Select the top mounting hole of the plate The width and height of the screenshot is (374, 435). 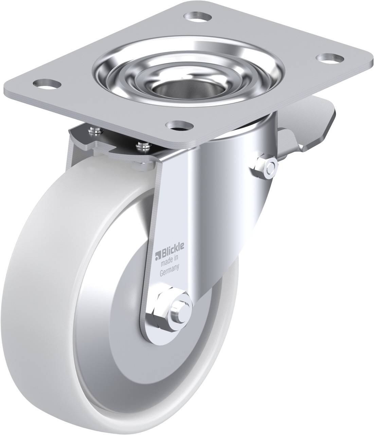point(197,16)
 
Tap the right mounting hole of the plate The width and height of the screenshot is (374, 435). point(330,59)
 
